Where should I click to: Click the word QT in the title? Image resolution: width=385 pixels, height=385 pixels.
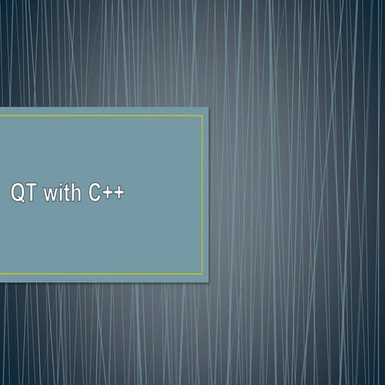pos(22,193)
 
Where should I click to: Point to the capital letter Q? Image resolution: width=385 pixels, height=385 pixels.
pos(16,193)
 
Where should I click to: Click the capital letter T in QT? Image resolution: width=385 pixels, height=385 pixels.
pos(28,193)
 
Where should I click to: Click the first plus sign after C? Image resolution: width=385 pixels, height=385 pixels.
pos(107,194)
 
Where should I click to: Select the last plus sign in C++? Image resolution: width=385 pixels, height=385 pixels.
pos(119,194)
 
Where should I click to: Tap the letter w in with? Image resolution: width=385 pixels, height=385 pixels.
pos(48,195)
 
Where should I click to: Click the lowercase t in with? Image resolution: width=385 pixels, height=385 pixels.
pos(64,193)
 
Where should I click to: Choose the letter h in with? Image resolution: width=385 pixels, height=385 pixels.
pos(74,193)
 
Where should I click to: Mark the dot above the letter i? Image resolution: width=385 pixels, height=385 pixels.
pos(58,186)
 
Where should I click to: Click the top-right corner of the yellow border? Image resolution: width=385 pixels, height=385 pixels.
pos(202,115)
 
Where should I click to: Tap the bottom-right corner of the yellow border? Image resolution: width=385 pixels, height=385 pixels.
pos(202,274)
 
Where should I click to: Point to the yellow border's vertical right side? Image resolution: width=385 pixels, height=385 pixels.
pos(202,195)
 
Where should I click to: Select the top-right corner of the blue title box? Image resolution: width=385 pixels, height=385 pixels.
pos(208,107)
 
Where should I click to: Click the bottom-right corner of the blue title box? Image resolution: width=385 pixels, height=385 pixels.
pos(208,282)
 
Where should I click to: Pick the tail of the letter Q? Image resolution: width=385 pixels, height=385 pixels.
pos(20,201)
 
